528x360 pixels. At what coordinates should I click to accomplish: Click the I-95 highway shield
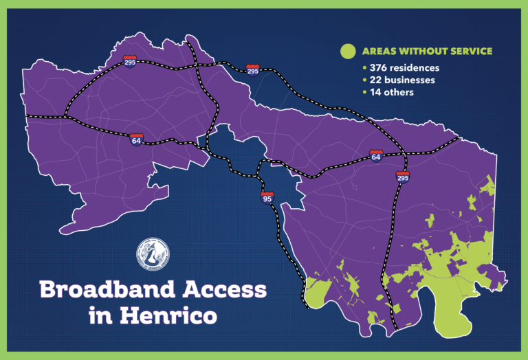[x=267, y=199]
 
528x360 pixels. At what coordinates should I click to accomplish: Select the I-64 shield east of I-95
[x=375, y=155]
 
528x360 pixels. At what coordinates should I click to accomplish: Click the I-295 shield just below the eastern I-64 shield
[x=402, y=178]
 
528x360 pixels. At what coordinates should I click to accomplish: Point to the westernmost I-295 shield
[x=130, y=60]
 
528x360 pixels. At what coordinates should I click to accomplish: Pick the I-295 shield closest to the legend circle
[x=252, y=70]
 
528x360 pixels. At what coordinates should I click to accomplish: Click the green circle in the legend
[x=349, y=51]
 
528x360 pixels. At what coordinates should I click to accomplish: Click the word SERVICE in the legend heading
[x=469, y=52]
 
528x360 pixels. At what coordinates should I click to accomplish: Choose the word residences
[x=415, y=68]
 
